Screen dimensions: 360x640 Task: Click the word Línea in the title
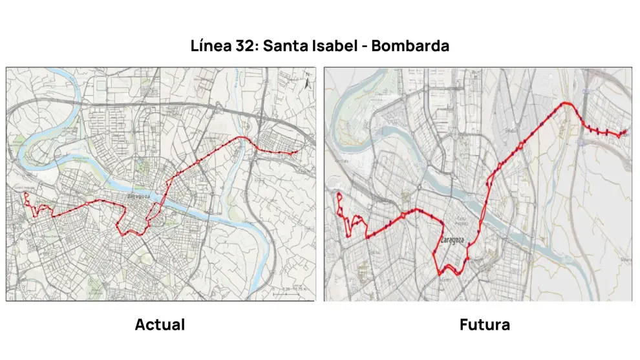212,47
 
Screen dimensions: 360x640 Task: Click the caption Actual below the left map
160,324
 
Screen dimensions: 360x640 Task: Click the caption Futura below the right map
484,324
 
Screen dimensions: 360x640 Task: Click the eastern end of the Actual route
295,153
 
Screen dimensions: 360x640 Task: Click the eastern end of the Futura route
625,132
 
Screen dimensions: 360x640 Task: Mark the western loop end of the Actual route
25,194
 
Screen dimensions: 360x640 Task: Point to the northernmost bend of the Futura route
568,103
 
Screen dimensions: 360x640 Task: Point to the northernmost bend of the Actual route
244,138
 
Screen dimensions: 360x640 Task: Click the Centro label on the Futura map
445,279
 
